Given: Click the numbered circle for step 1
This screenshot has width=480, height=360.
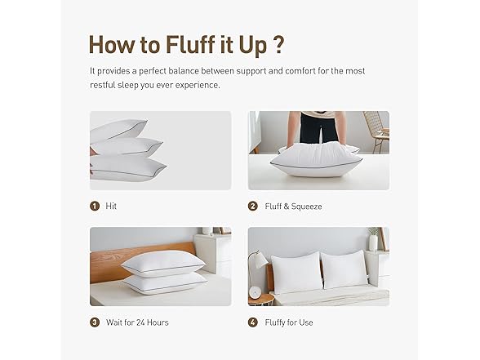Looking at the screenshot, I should [95, 207].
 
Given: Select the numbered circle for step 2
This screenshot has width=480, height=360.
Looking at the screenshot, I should [253, 207].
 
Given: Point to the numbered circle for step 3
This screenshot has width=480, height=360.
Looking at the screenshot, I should [95, 322].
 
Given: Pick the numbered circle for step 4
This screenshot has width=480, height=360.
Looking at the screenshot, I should [253, 322].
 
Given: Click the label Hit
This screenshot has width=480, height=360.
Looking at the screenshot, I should [111, 207].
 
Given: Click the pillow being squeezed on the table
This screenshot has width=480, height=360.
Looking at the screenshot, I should [317, 159].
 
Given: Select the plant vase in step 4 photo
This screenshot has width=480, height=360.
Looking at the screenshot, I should [373, 242].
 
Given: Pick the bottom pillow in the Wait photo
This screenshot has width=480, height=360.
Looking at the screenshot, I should [163, 282].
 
